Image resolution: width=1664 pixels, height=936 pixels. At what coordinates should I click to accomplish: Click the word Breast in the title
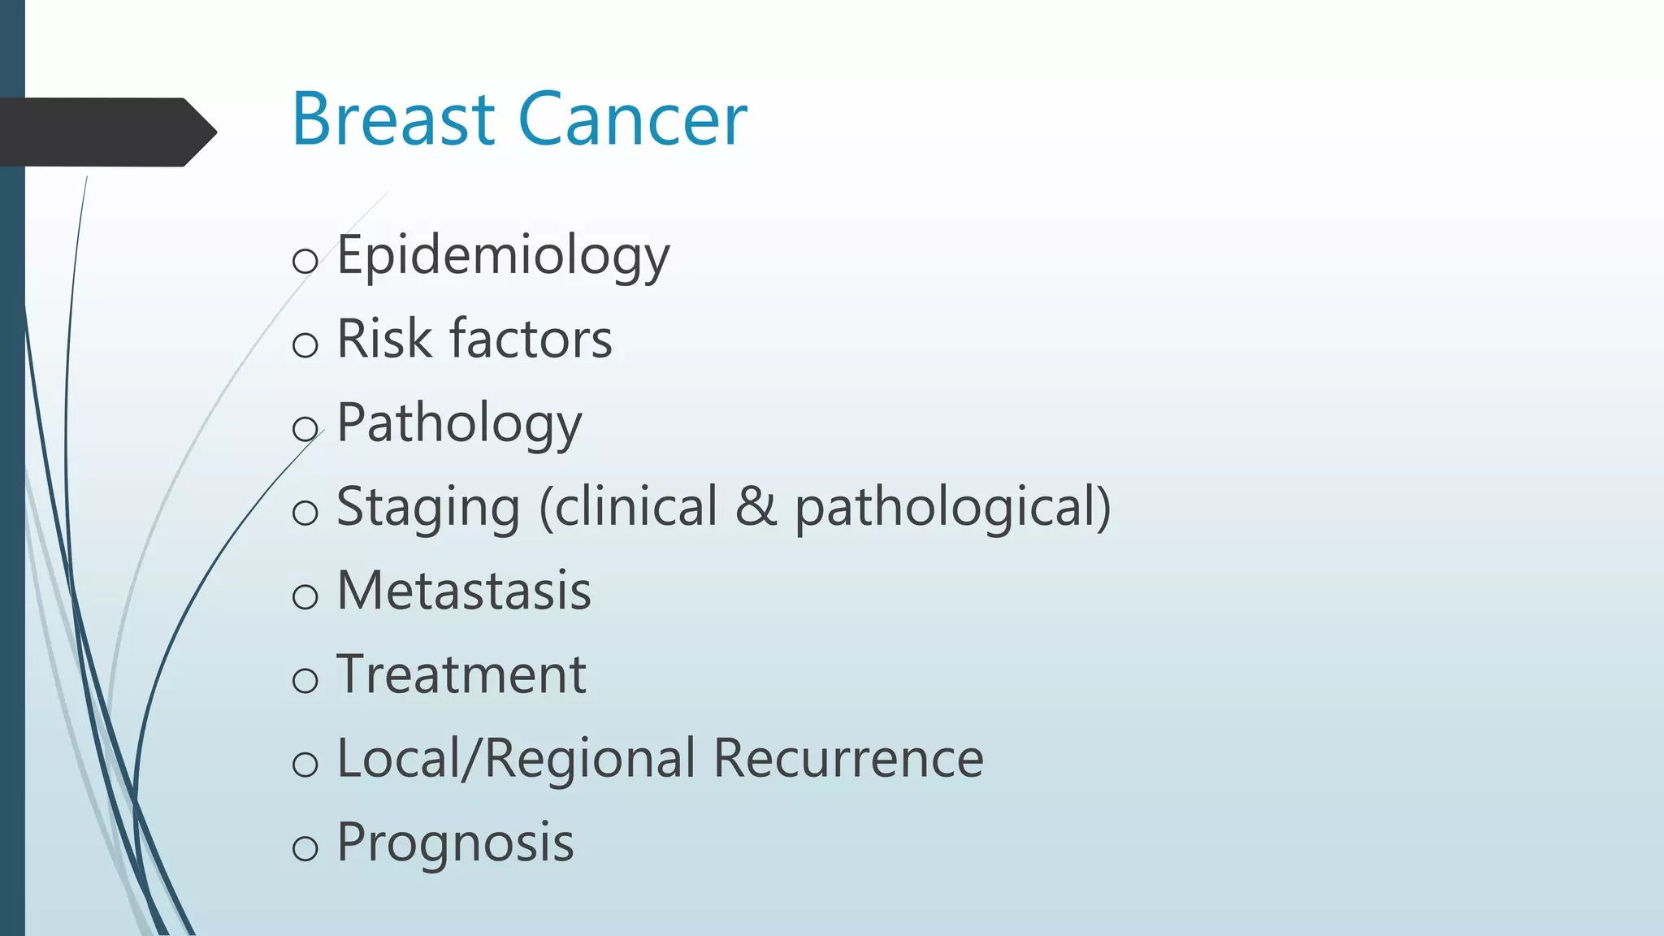pos(393,119)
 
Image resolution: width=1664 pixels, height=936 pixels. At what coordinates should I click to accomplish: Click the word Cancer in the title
pos(632,119)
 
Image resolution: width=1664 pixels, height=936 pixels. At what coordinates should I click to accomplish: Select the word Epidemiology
pos(503,256)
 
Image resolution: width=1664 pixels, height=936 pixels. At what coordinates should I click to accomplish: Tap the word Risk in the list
pos(383,339)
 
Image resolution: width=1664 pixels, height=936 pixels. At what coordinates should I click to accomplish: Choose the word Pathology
pos(459,424)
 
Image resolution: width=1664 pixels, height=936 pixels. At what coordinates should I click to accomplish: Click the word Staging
pos(428,507)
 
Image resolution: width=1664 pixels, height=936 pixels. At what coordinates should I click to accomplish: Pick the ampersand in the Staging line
pos(756,507)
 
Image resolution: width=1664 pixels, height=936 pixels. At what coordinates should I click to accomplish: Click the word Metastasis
pos(464,591)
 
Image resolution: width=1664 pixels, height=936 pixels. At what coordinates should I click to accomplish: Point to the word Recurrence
pos(848,759)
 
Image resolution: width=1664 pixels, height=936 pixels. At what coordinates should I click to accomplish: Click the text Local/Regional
pos(516,759)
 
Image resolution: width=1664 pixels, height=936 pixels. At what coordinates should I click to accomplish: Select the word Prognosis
pos(455,843)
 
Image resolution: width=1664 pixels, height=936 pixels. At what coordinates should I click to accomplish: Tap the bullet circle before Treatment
pos(305,680)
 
